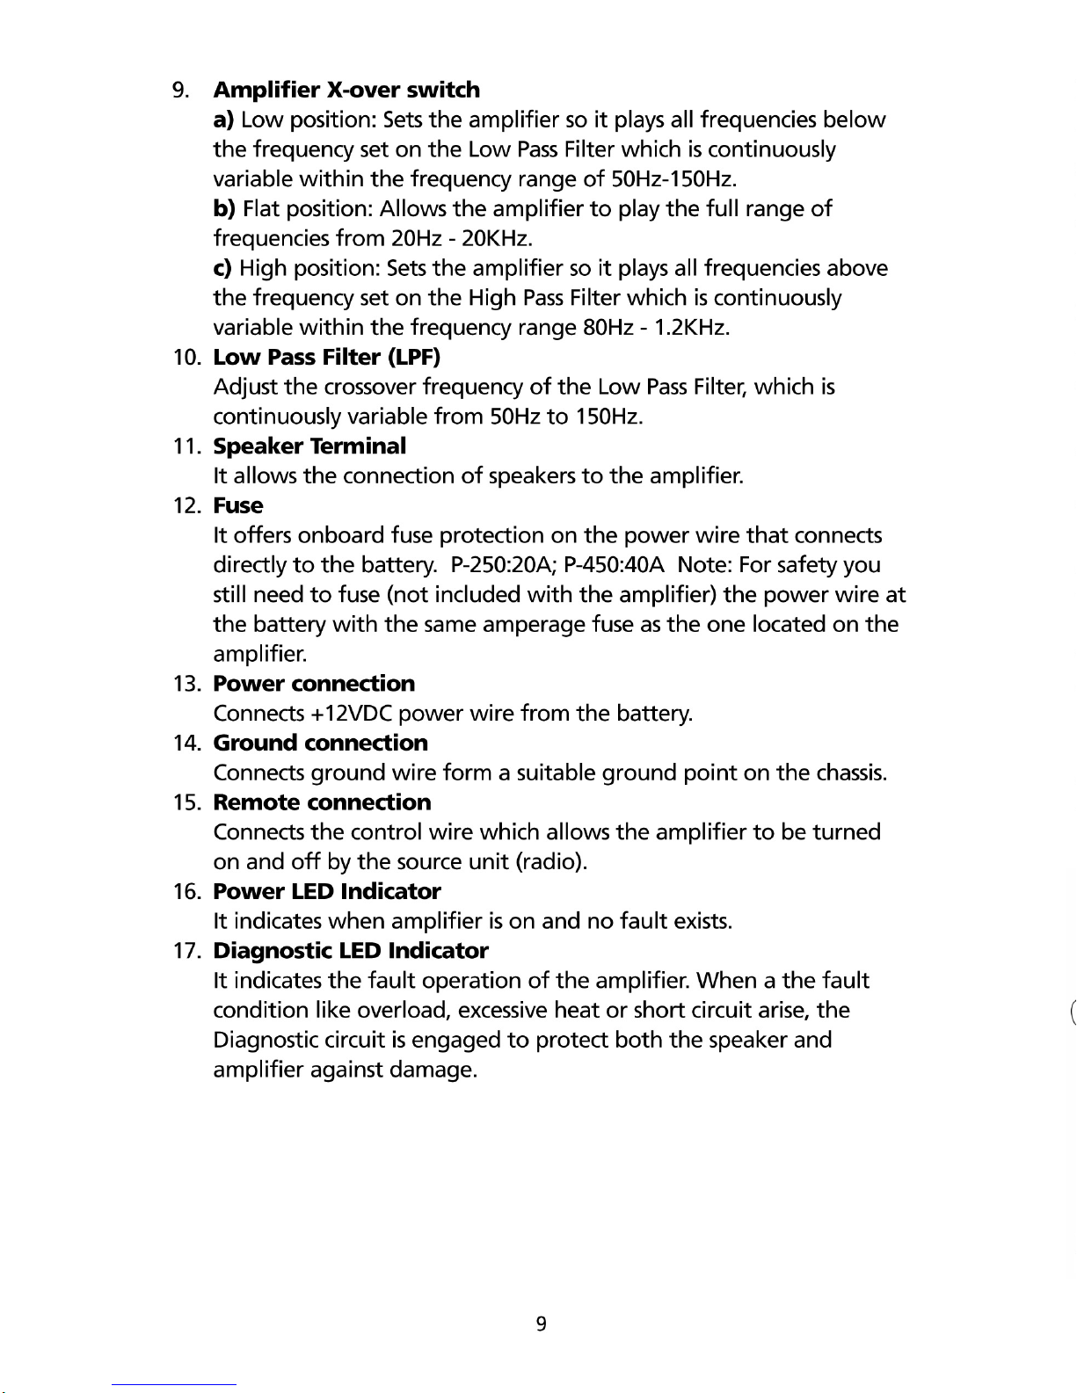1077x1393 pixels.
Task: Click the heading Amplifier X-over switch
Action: tap(346, 90)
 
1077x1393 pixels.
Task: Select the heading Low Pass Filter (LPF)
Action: tap(326, 357)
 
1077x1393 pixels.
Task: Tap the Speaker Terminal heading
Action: tap(309, 446)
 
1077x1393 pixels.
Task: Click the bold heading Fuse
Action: tap(238, 505)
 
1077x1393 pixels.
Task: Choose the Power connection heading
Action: tap(314, 683)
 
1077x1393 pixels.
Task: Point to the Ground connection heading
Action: tap(320, 743)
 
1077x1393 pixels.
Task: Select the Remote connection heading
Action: tap(322, 802)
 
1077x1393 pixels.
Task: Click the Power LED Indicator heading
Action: tap(327, 891)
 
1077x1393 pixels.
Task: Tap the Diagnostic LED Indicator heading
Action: tap(350, 950)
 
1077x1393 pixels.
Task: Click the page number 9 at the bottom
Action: tap(541, 1324)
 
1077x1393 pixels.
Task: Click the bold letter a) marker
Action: tap(223, 120)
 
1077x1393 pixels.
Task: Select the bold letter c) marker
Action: tap(223, 268)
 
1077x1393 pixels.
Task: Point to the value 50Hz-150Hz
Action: tap(673, 179)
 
